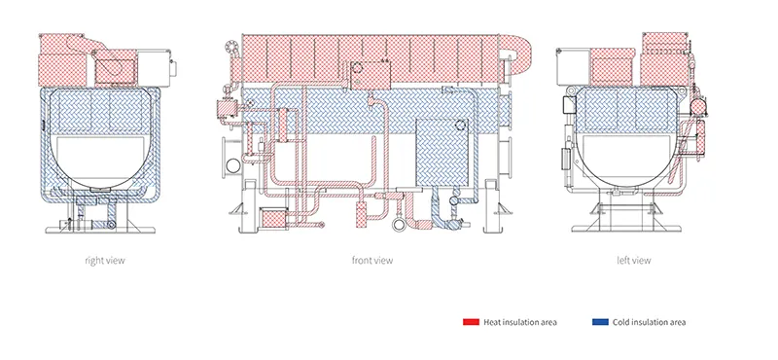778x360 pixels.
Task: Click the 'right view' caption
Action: click(105, 260)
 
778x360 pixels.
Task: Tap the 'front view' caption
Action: click(372, 260)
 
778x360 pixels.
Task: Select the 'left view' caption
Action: click(634, 260)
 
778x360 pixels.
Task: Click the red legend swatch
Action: click(471, 322)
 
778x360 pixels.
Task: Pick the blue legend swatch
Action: click(600, 322)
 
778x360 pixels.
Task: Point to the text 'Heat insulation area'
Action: click(520, 322)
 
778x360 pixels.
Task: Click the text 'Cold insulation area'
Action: click(649, 322)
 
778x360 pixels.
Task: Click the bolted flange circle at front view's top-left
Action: click(231, 47)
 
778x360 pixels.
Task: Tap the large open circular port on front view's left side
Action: click(232, 165)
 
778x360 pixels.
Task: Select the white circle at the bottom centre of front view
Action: click(399, 225)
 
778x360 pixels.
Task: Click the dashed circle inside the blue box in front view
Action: click(460, 126)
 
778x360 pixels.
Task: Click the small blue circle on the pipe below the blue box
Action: click(453, 200)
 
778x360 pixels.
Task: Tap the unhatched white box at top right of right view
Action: click(154, 67)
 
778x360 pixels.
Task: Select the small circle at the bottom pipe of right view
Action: click(111, 225)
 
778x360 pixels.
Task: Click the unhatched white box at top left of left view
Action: click(574, 66)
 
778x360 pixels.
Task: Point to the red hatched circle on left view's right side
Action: click(699, 106)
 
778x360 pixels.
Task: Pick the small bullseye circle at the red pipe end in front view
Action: click(322, 225)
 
